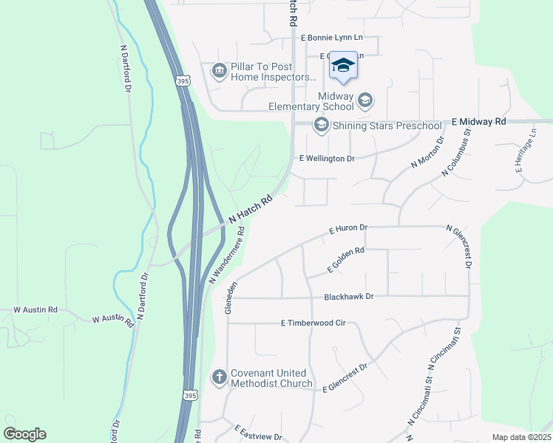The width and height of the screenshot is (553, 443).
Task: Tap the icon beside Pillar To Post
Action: coord(219,71)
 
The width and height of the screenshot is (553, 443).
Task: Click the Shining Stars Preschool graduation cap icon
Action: coord(321,126)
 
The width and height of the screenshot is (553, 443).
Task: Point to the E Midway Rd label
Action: coord(478,120)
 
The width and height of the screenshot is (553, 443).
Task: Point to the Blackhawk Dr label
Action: coord(349,296)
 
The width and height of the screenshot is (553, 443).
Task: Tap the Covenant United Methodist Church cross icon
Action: coord(219,377)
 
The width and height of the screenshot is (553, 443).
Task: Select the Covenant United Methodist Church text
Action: coord(271,377)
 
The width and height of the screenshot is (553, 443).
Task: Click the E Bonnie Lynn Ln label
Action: coord(331,36)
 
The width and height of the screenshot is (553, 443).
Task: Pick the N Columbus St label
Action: coord(456,154)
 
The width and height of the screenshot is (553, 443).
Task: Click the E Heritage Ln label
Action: coord(526,150)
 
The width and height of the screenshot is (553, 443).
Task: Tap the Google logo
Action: coord(24,434)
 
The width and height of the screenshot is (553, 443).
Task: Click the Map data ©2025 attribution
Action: coord(520,437)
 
